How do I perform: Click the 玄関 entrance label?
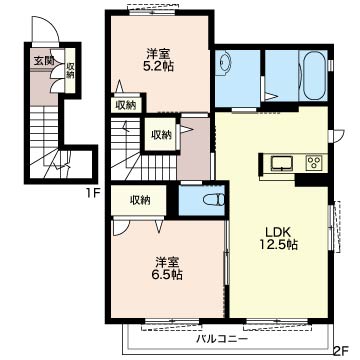tap(42, 61)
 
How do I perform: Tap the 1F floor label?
tap(94, 193)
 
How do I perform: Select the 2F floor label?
tap(341, 351)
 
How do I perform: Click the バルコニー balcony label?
tap(222, 340)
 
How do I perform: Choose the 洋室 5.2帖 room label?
tap(160, 60)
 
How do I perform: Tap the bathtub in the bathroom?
tap(314, 75)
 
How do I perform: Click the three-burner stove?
tap(315, 163)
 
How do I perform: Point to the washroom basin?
tap(223, 63)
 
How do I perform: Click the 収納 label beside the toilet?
tap(140, 200)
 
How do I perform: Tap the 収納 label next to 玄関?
tap(70, 71)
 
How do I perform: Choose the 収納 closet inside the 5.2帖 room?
tap(125, 105)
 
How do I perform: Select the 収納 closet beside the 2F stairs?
tap(161, 135)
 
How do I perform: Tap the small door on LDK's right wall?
tap(337, 136)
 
